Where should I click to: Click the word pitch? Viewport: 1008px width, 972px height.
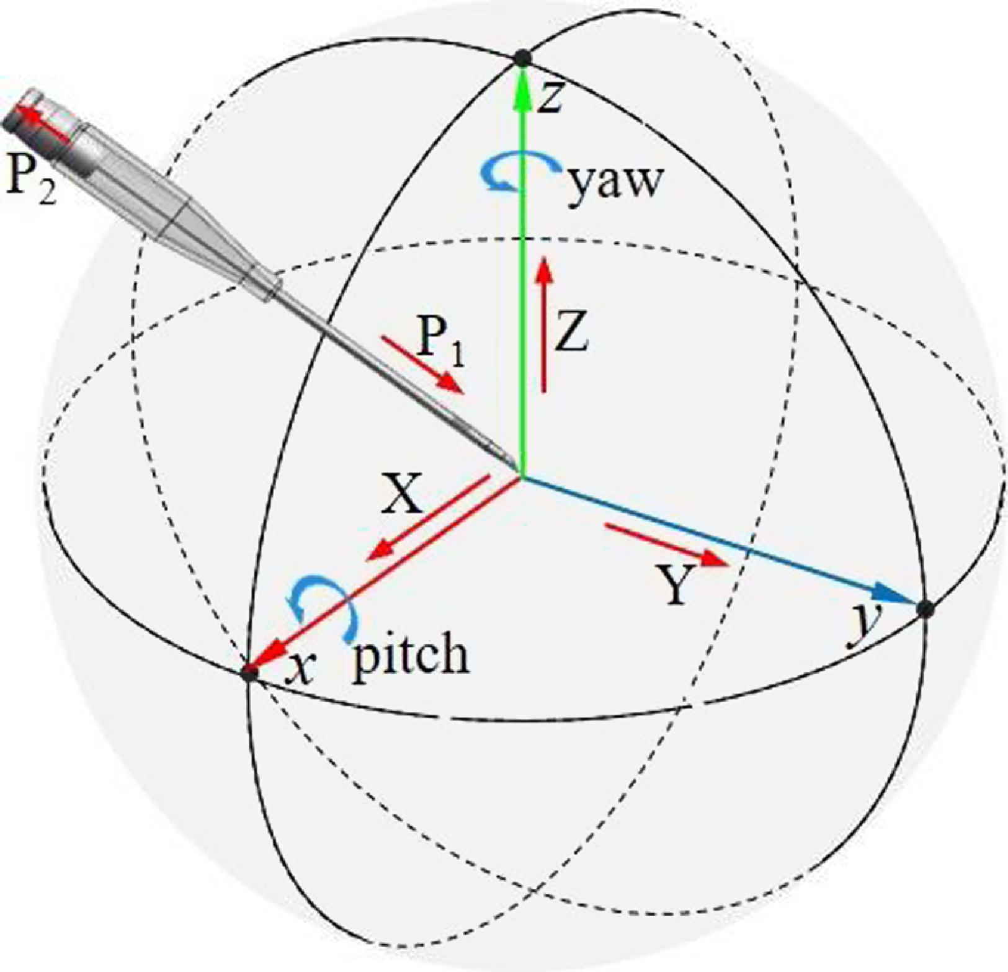(411, 654)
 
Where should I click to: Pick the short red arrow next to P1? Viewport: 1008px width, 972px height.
(422, 365)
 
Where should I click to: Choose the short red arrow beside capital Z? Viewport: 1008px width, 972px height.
(544, 326)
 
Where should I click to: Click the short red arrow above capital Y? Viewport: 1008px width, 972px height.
(666, 545)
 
